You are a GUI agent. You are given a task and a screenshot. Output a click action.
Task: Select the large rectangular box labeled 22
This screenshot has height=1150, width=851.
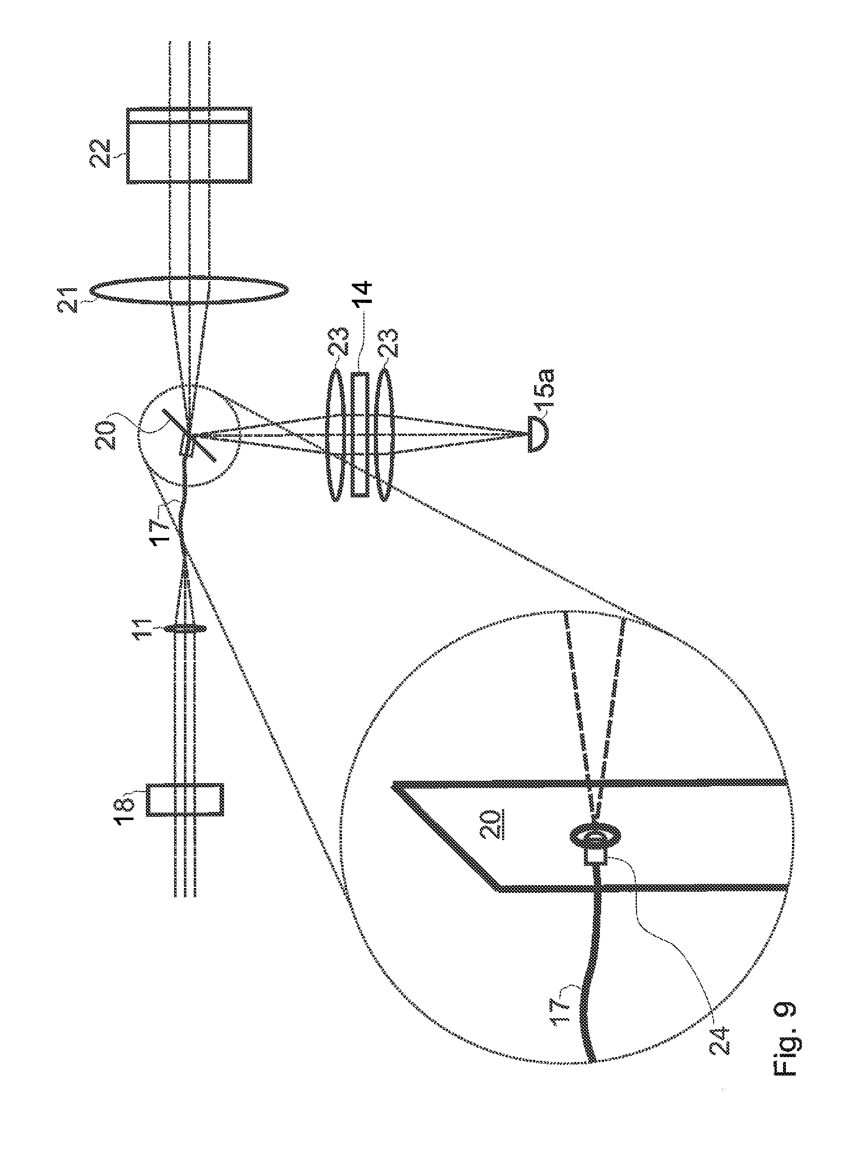(189, 145)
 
